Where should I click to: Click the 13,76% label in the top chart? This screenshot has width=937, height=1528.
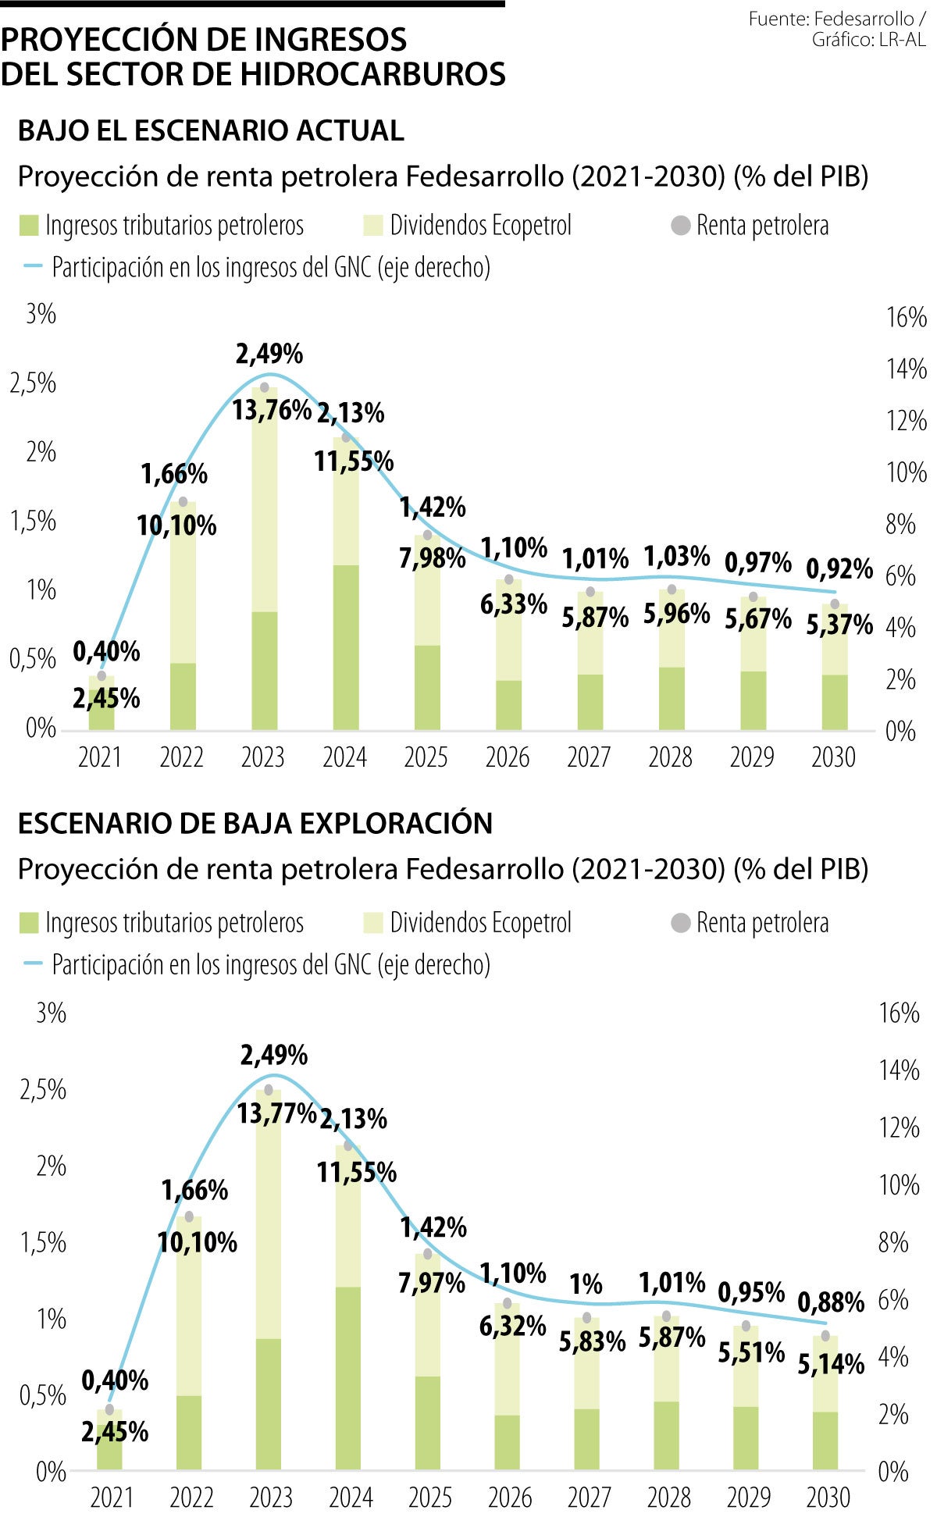coord(271,409)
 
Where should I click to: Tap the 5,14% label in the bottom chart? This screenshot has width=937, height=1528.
coord(831,1364)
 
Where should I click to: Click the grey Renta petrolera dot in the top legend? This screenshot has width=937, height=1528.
coord(681,226)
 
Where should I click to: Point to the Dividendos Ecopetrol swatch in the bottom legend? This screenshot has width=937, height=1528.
coord(373,924)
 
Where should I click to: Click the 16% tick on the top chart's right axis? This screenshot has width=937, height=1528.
coord(906,318)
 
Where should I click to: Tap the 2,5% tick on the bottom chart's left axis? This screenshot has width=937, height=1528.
coord(43,1089)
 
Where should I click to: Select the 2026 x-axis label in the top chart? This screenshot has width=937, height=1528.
coord(507,757)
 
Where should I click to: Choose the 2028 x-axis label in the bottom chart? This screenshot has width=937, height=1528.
coord(668,1498)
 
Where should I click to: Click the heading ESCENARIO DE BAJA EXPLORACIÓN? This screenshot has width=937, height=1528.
coord(255,823)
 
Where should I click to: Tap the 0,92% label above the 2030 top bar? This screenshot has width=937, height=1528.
coord(839,568)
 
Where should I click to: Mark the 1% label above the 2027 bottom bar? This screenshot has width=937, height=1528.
coord(586,1284)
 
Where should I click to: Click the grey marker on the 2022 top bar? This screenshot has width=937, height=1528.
coord(183,502)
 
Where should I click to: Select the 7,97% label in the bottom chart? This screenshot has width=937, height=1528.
coord(431,1283)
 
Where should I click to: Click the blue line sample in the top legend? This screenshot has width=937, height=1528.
coord(33,267)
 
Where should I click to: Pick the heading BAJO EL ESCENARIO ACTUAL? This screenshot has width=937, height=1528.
coord(211,130)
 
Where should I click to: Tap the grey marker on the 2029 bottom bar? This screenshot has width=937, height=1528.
coord(746,1326)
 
